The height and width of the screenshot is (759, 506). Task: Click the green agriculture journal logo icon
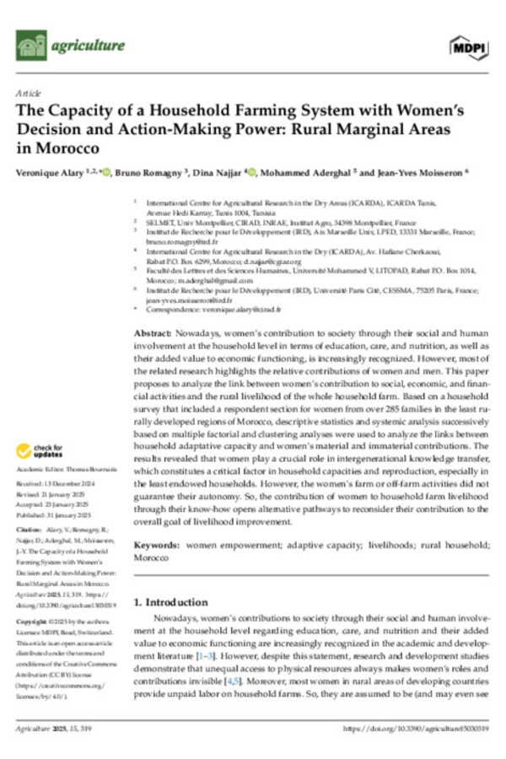pos(30,46)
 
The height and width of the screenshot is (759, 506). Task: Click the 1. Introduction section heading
pos(172,579)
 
